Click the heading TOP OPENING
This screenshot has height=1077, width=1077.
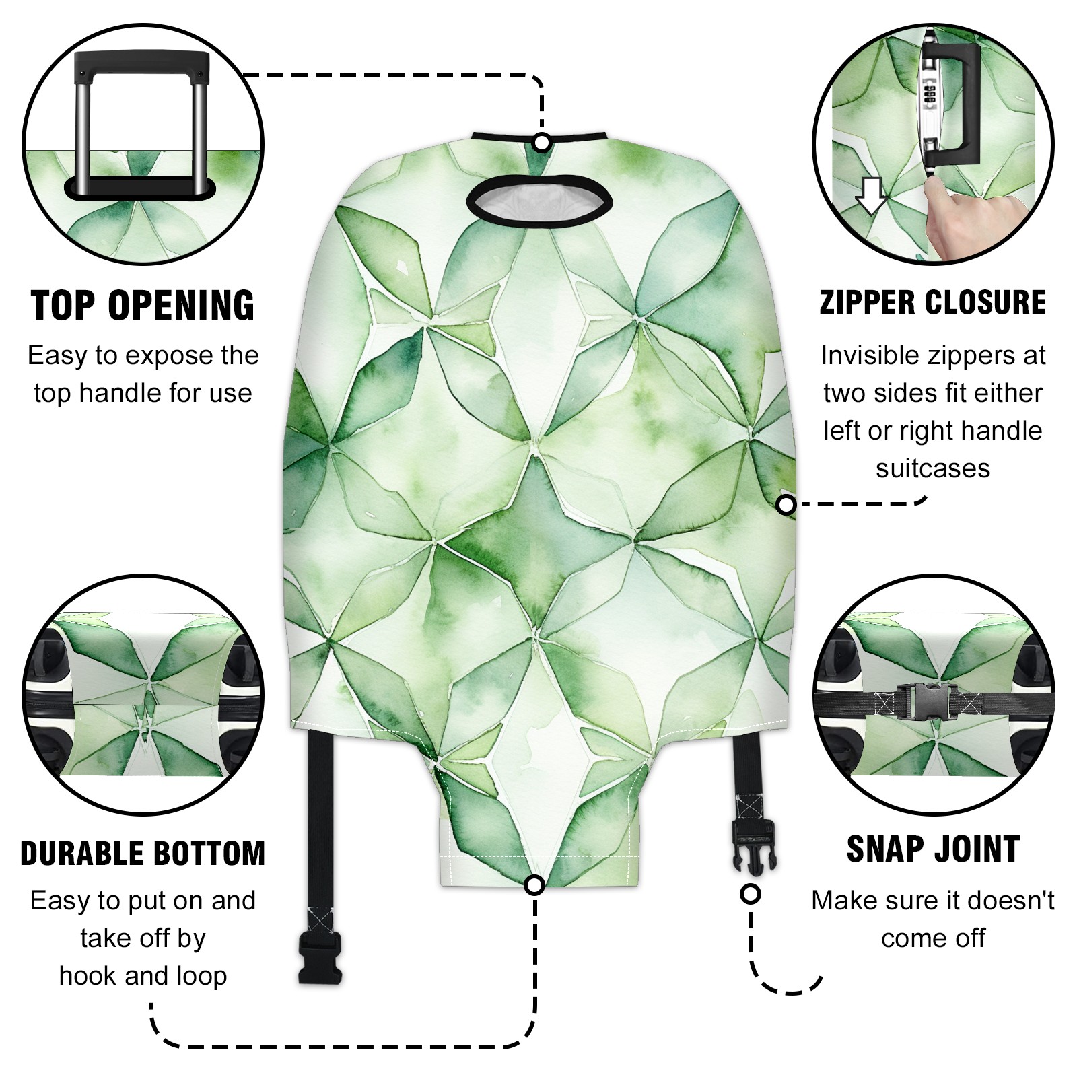[x=143, y=306]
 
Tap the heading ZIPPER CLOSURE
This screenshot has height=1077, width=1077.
[x=933, y=302]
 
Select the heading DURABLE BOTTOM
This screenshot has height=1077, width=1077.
[x=143, y=854]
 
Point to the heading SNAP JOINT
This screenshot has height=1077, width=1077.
[x=933, y=849]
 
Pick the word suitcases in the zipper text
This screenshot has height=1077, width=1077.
[x=933, y=468]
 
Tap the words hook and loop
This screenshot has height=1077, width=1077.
[x=143, y=975]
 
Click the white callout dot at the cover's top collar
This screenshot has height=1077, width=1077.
[x=542, y=143]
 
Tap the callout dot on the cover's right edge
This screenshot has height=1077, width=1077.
[x=786, y=504]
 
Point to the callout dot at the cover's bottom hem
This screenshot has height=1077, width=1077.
[x=534, y=885]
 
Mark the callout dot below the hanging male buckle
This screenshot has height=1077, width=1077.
[x=751, y=894]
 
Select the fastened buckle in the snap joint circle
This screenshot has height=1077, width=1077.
[x=932, y=702]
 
